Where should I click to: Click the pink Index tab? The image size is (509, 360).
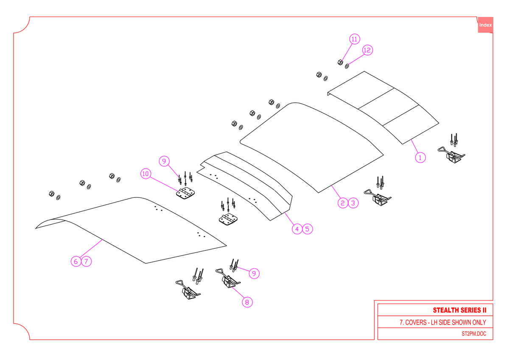485,25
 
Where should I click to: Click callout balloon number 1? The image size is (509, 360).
420,157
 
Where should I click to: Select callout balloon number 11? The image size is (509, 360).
355,39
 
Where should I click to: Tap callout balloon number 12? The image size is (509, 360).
367,50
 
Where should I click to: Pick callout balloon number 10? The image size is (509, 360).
145,174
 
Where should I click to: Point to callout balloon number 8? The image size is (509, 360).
247,302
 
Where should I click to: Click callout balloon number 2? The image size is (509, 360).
343,203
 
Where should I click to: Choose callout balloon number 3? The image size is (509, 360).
353,203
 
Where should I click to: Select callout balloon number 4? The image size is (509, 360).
297,229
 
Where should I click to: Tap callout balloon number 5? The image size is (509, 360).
308,229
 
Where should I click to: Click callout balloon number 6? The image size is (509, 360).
76,262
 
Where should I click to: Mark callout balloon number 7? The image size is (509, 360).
87,262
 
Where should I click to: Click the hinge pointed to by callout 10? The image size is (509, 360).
185,193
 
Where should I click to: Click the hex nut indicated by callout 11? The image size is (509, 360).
340,62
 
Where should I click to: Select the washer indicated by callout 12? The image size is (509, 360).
347,66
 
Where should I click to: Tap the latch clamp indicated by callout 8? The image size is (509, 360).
228,278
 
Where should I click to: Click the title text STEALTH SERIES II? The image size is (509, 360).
459,310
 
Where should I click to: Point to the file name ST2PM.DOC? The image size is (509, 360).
474,334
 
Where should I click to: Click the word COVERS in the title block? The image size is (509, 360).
416,322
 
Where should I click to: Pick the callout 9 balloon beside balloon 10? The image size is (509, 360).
164,161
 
